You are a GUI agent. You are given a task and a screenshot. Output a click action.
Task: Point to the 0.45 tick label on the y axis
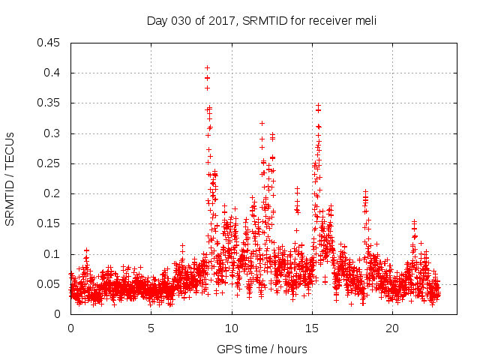(50, 43)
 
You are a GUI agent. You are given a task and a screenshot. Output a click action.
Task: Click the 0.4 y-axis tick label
(53, 73)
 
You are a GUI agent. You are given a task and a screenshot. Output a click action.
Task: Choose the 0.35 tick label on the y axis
(50, 103)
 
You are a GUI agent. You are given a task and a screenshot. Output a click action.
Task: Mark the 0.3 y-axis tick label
(53, 133)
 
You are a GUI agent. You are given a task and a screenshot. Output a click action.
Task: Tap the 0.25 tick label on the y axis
(50, 163)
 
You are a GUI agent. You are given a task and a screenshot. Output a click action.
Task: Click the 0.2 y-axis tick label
(53, 193)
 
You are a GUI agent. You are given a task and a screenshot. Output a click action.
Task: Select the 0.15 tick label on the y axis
(50, 224)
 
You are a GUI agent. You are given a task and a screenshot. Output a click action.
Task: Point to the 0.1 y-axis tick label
(53, 254)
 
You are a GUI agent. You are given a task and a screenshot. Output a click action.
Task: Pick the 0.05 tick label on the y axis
(50, 284)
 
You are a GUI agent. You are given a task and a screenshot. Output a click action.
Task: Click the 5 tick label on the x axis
(151, 328)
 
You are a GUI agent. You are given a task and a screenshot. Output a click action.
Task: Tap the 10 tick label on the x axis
(232, 328)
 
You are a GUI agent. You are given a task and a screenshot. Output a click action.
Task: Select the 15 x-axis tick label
(312, 328)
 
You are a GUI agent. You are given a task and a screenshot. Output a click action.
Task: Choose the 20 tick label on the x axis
(392, 328)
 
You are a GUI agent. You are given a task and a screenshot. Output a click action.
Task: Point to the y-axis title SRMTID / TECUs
(10, 178)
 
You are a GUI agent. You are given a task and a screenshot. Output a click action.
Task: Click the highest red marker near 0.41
(207, 67)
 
